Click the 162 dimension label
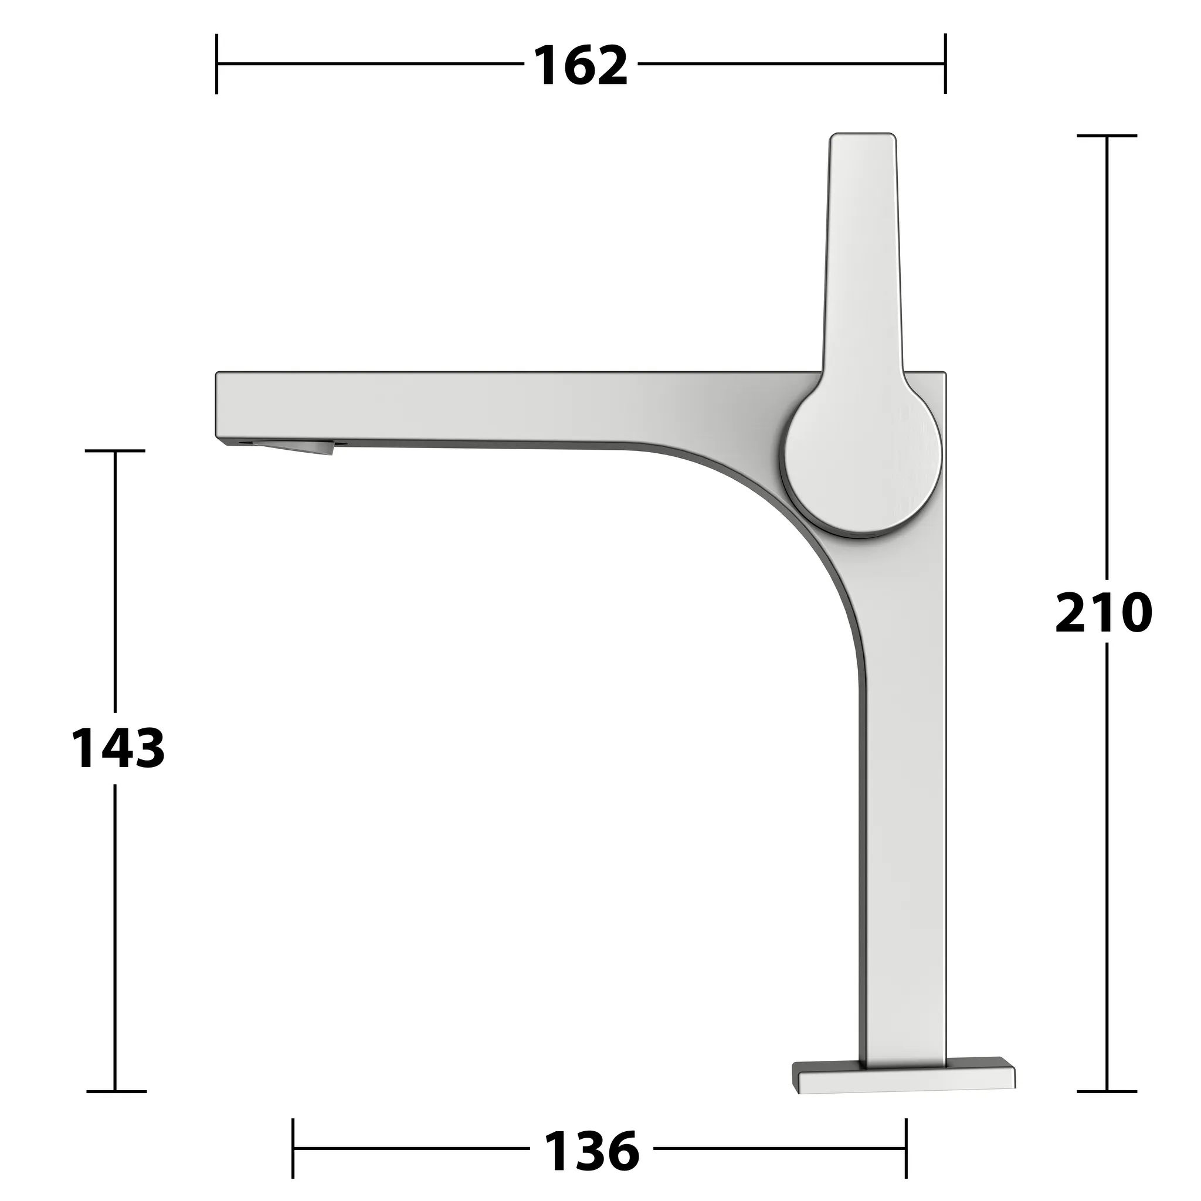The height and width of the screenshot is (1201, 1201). tap(581, 66)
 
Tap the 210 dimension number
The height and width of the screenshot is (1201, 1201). tap(1104, 613)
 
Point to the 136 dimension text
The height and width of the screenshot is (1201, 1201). tap(591, 1151)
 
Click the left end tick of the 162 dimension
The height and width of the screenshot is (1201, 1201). tap(216, 64)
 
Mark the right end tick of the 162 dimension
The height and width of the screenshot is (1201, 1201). tap(945, 64)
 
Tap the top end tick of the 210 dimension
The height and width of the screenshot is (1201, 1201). tap(1107, 135)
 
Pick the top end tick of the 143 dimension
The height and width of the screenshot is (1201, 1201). tap(115, 451)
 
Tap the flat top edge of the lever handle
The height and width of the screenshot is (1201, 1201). tap(863, 135)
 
